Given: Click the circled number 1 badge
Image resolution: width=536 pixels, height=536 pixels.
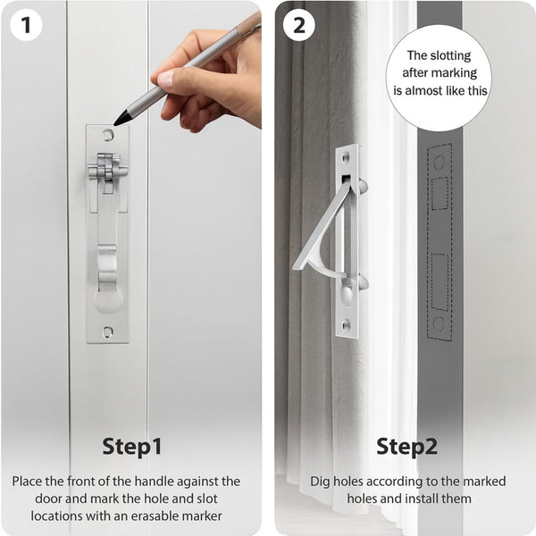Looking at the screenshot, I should coord(26,25).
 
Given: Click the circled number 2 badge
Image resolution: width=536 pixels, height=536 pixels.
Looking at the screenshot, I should coord(298,25).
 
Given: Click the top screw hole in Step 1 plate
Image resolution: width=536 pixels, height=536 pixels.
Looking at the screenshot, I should coord(108,136).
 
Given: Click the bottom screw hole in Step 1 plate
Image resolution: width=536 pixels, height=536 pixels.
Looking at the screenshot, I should coord(108,331).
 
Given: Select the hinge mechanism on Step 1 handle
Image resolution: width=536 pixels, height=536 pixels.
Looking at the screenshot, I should coord(108,169).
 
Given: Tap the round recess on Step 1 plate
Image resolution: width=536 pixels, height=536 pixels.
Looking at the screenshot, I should coord(108,298).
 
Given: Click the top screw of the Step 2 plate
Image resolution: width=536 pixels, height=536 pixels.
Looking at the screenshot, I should coord(348,157).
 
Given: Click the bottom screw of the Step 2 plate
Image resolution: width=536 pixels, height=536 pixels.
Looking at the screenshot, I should coord(348,325).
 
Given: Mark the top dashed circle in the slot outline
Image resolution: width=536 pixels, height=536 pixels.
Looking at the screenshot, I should coord(439,163).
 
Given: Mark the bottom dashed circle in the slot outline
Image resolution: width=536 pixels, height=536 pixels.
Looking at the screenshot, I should coord(439,323).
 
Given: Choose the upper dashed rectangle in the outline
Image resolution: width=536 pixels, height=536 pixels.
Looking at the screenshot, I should coord(440,193).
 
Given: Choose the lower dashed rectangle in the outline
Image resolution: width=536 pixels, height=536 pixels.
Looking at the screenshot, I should coord(440,281).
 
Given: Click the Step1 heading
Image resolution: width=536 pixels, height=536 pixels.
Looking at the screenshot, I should coord(131,446).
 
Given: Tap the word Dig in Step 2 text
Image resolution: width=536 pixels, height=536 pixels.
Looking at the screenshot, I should coord(321,482).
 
